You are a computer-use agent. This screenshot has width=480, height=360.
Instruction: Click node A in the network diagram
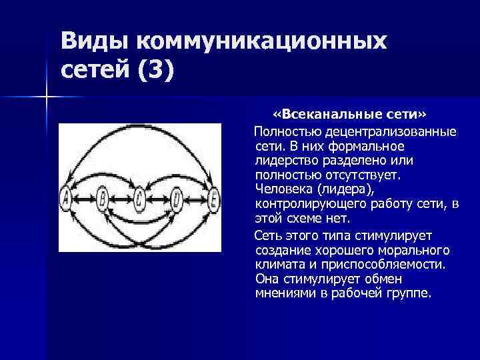point(66,197)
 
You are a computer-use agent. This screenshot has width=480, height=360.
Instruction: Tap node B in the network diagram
point(103,197)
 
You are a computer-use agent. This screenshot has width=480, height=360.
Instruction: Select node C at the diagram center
point(139,197)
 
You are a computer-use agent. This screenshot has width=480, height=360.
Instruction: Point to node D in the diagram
point(177,197)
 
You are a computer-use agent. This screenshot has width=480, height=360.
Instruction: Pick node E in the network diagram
point(213,197)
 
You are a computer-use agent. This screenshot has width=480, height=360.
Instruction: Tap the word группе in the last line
point(406,293)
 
